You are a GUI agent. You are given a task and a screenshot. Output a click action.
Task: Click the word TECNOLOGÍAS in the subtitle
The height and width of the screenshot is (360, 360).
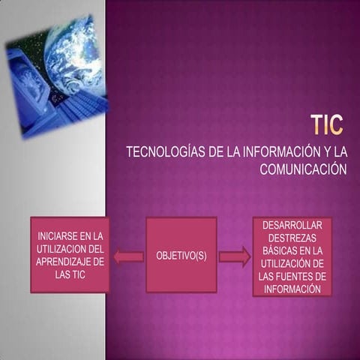[x=165, y=152]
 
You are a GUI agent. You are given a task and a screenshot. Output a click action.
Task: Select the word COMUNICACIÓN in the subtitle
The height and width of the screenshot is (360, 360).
[x=303, y=169]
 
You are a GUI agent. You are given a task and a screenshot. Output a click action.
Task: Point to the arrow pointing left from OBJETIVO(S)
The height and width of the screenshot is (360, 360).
[x=128, y=256]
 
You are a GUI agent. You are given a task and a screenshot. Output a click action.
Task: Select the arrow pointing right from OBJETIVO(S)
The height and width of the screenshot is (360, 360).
[x=234, y=256]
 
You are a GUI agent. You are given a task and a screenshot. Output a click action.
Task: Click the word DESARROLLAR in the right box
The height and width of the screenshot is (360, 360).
[x=292, y=226]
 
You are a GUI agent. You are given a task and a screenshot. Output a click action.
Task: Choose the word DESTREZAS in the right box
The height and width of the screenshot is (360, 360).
[x=292, y=238]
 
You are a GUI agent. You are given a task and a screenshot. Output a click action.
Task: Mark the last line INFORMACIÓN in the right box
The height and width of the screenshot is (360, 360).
[x=292, y=289]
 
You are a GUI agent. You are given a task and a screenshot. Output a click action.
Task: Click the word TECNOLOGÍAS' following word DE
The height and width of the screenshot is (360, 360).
[x=211, y=152]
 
